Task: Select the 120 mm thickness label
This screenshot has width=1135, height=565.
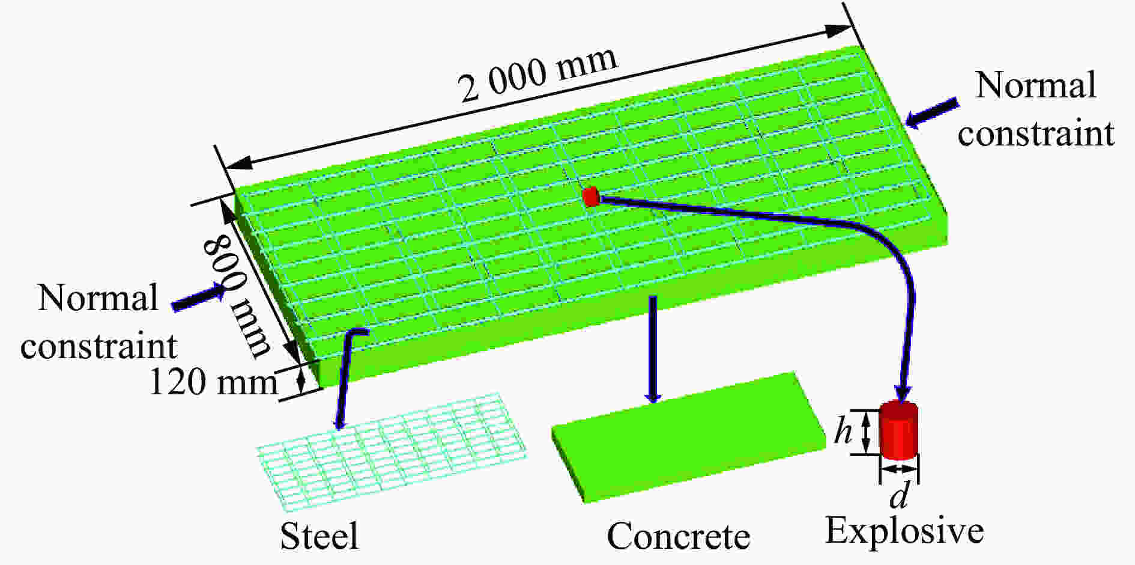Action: (x=213, y=381)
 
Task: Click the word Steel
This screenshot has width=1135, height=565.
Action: (x=319, y=536)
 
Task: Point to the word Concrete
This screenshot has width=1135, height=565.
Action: (x=679, y=536)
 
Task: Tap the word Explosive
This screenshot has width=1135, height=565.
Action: (x=904, y=531)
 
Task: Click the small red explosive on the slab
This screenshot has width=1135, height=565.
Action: (x=591, y=197)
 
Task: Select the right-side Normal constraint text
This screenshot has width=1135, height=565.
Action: (x=1036, y=109)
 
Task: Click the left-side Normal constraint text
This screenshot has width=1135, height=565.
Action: (x=98, y=322)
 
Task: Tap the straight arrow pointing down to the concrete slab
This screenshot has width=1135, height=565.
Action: (x=653, y=349)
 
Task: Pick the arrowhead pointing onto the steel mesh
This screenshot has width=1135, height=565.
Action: (x=340, y=421)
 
